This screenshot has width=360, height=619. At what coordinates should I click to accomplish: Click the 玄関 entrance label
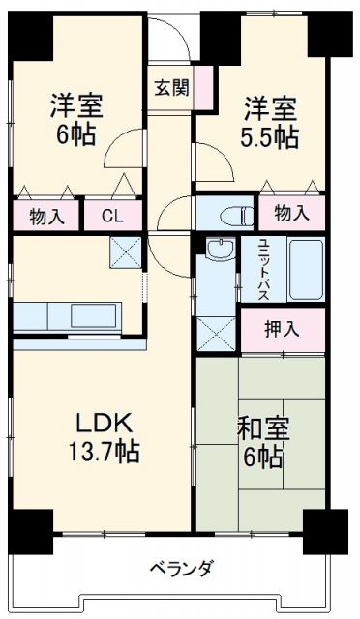171,85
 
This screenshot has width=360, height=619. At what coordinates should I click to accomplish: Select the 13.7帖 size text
104,451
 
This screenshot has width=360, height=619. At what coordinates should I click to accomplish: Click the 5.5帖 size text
270,136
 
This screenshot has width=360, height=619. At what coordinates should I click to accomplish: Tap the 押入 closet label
283,329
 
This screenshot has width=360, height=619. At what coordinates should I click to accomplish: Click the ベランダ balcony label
181,568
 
